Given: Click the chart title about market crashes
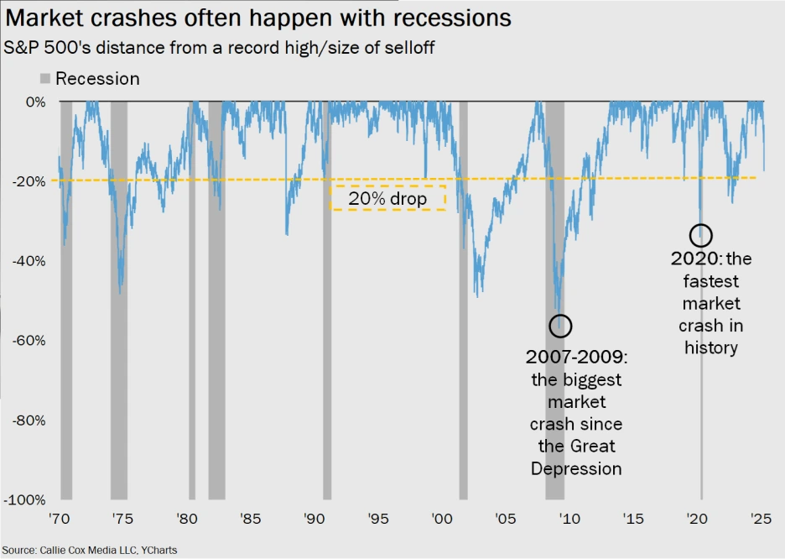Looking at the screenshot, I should point(256,16).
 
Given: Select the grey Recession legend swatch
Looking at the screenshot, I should point(45,80).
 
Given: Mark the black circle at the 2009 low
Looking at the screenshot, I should point(559,325).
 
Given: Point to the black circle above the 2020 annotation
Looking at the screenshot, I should point(701,235).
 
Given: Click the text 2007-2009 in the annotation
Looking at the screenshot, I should point(576,358).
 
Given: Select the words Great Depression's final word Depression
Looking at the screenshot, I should point(576,468).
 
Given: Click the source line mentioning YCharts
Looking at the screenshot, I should point(90,550).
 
